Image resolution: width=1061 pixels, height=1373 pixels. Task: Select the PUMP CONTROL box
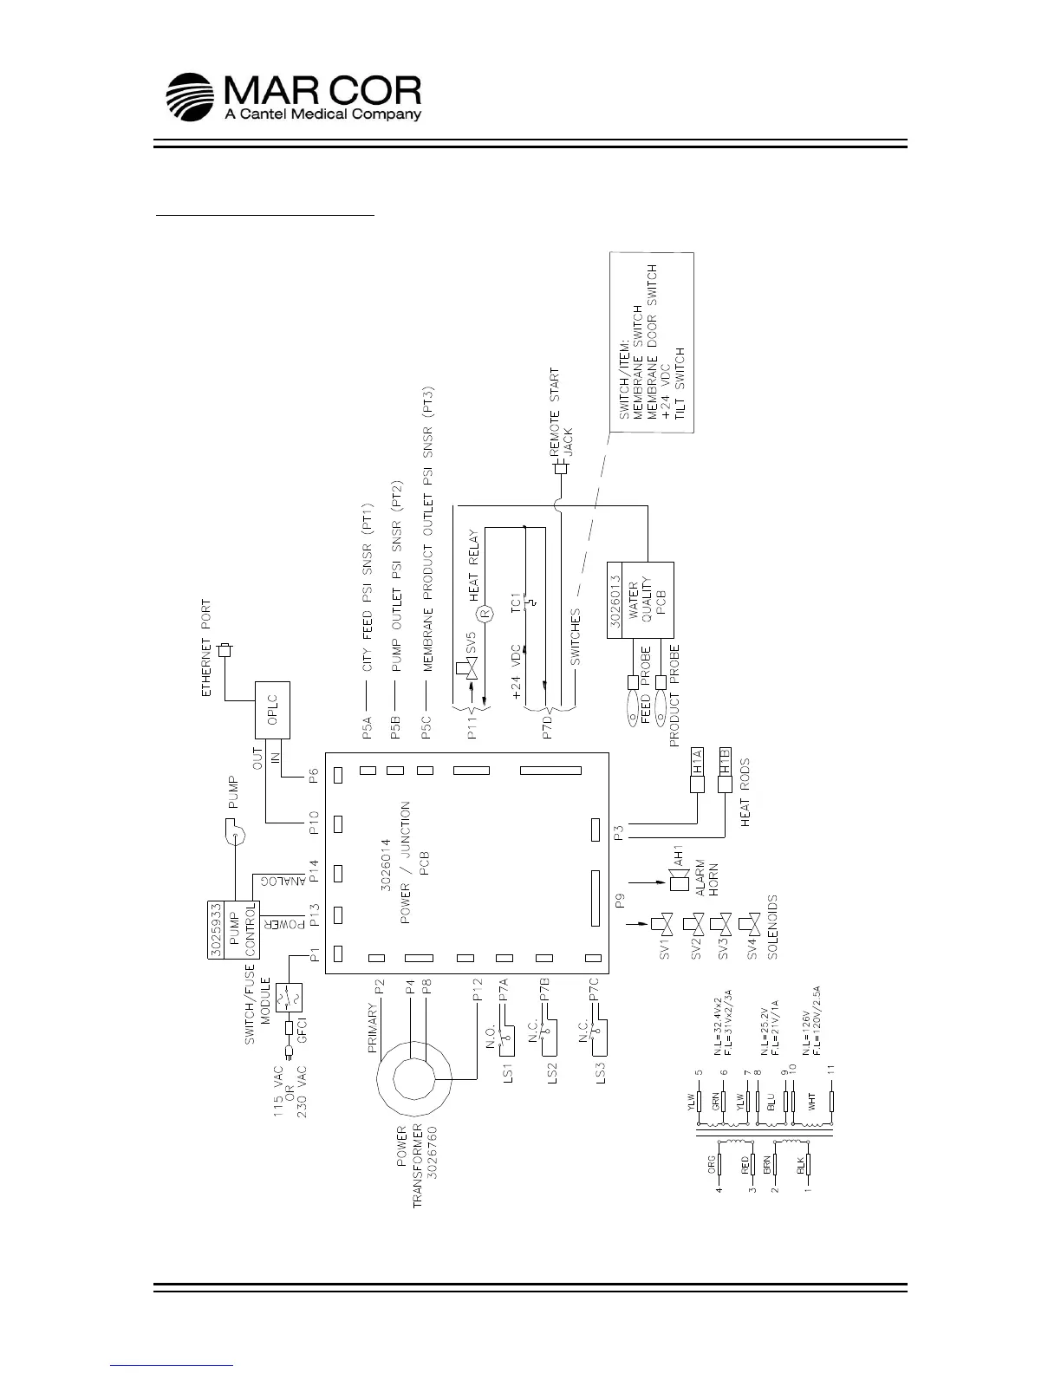point(233,930)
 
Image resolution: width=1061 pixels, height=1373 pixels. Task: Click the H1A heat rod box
point(698,760)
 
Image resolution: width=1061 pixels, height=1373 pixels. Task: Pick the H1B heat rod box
point(726,760)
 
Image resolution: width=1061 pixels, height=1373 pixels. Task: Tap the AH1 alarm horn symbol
point(678,882)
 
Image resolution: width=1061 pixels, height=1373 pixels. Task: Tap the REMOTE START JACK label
point(561,414)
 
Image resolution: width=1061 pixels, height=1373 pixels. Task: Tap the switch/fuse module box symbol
point(287,999)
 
